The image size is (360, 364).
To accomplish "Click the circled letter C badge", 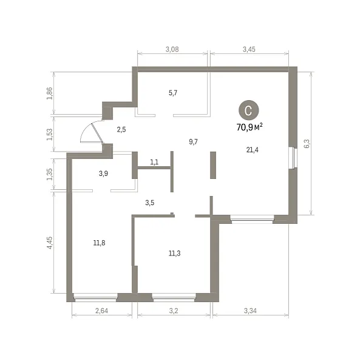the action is pyautogui.click(x=248, y=110).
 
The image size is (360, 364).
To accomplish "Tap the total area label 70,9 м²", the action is pyautogui.click(x=250, y=127).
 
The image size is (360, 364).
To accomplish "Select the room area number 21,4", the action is pyautogui.click(x=252, y=150).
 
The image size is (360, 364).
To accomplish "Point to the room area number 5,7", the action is pyautogui.click(x=173, y=93).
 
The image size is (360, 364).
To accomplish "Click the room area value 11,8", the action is pyautogui.click(x=99, y=243).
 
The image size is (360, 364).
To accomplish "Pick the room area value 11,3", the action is pyautogui.click(x=174, y=253).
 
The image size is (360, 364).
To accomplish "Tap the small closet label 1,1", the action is pyautogui.click(x=154, y=162).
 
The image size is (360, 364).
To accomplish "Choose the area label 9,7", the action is pyautogui.click(x=193, y=141).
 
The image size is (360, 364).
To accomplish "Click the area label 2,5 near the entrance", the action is pyautogui.click(x=121, y=129).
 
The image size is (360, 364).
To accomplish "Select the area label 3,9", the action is pyautogui.click(x=103, y=174).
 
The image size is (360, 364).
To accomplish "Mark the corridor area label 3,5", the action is pyautogui.click(x=150, y=203).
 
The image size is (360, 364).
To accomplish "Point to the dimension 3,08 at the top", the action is pyautogui.click(x=172, y=49).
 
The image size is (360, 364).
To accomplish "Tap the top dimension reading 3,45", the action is pyautogui.click(x=249, y=49).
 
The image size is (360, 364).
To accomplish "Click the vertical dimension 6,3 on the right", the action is pyautogui.click(x=307, y=143).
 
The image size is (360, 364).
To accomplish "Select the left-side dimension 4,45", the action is pyautogui.click(x=50, y=243).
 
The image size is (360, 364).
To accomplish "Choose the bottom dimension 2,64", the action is pyautogui.click(x=101, y=311).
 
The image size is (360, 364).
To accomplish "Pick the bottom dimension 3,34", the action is pyautogui.click(x=250, y=311).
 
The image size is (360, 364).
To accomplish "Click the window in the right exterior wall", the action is pyautogui.click(x=293, y=158).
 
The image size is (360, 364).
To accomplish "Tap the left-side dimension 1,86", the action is pyautogui.click(x=50, y=93).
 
